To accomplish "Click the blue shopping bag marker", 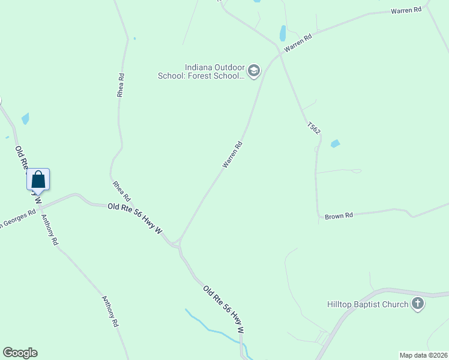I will coord(38,179).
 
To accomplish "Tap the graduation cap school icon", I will coord(254,71).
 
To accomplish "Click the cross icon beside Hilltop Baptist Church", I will coord(418,304).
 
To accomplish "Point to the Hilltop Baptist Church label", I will coord(367,304).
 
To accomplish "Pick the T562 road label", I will coord(313,128).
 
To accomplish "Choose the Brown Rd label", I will coord(339,215).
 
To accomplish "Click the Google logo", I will coord(20,353).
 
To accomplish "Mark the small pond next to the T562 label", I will coord(335,143).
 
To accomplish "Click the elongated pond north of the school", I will coord(282,33).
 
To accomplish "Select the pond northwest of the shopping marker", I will coord(25,118).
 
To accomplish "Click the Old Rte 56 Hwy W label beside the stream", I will coord(223,310).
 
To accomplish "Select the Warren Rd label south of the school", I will coord(232,154).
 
